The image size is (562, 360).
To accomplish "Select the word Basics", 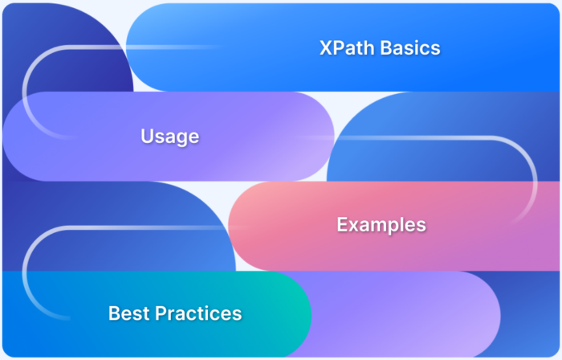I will click(x=412, y=48).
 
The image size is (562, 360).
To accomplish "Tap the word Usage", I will click(x=169, y=137).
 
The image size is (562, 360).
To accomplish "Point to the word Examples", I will click(x=381, y=225).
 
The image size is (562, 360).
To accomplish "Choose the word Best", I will click(x=127, y=313).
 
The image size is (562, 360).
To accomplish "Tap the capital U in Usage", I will click(x=147, y=137).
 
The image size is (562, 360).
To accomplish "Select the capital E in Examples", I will click(x=342, y=225).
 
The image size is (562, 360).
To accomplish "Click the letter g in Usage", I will click(x=184, y=138).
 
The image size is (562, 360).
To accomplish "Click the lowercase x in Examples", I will click(x=352, y=226).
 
